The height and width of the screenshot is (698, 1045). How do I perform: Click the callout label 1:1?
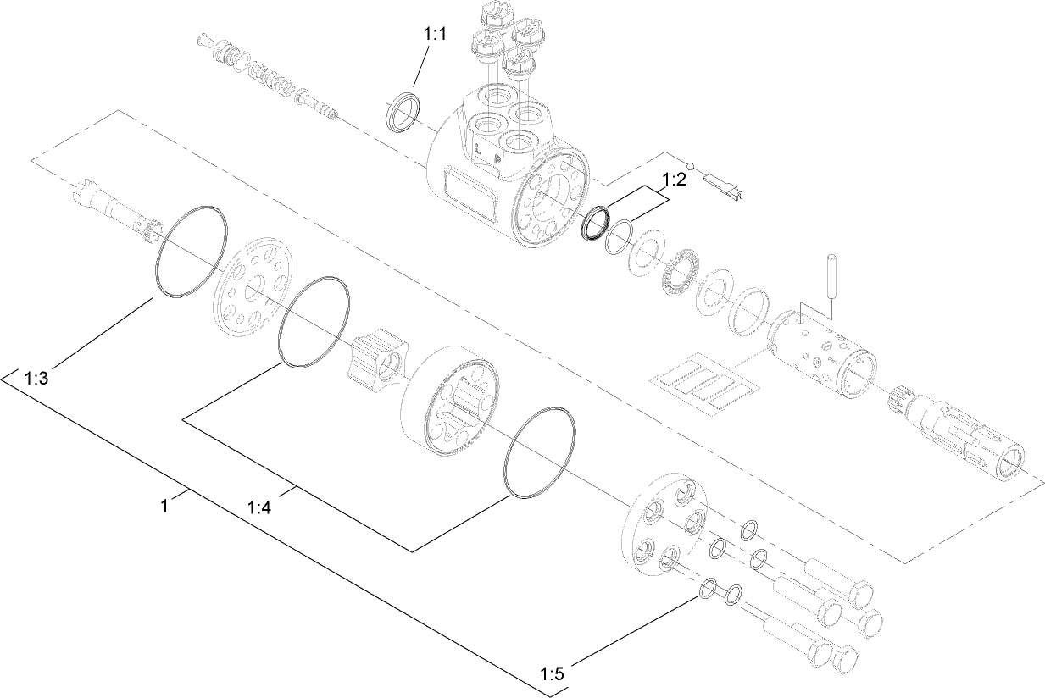pos(434,35)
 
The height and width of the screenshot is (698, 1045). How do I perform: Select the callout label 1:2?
pos(674,180)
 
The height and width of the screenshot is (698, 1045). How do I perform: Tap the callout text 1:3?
pos(36,378)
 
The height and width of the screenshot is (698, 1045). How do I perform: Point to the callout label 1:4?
pos(258,507)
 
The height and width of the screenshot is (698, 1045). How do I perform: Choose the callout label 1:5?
pos(551,674)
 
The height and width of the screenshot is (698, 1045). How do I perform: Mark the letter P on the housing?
pos(497,158)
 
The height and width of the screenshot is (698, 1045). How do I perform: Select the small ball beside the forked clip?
pos(691,166)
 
